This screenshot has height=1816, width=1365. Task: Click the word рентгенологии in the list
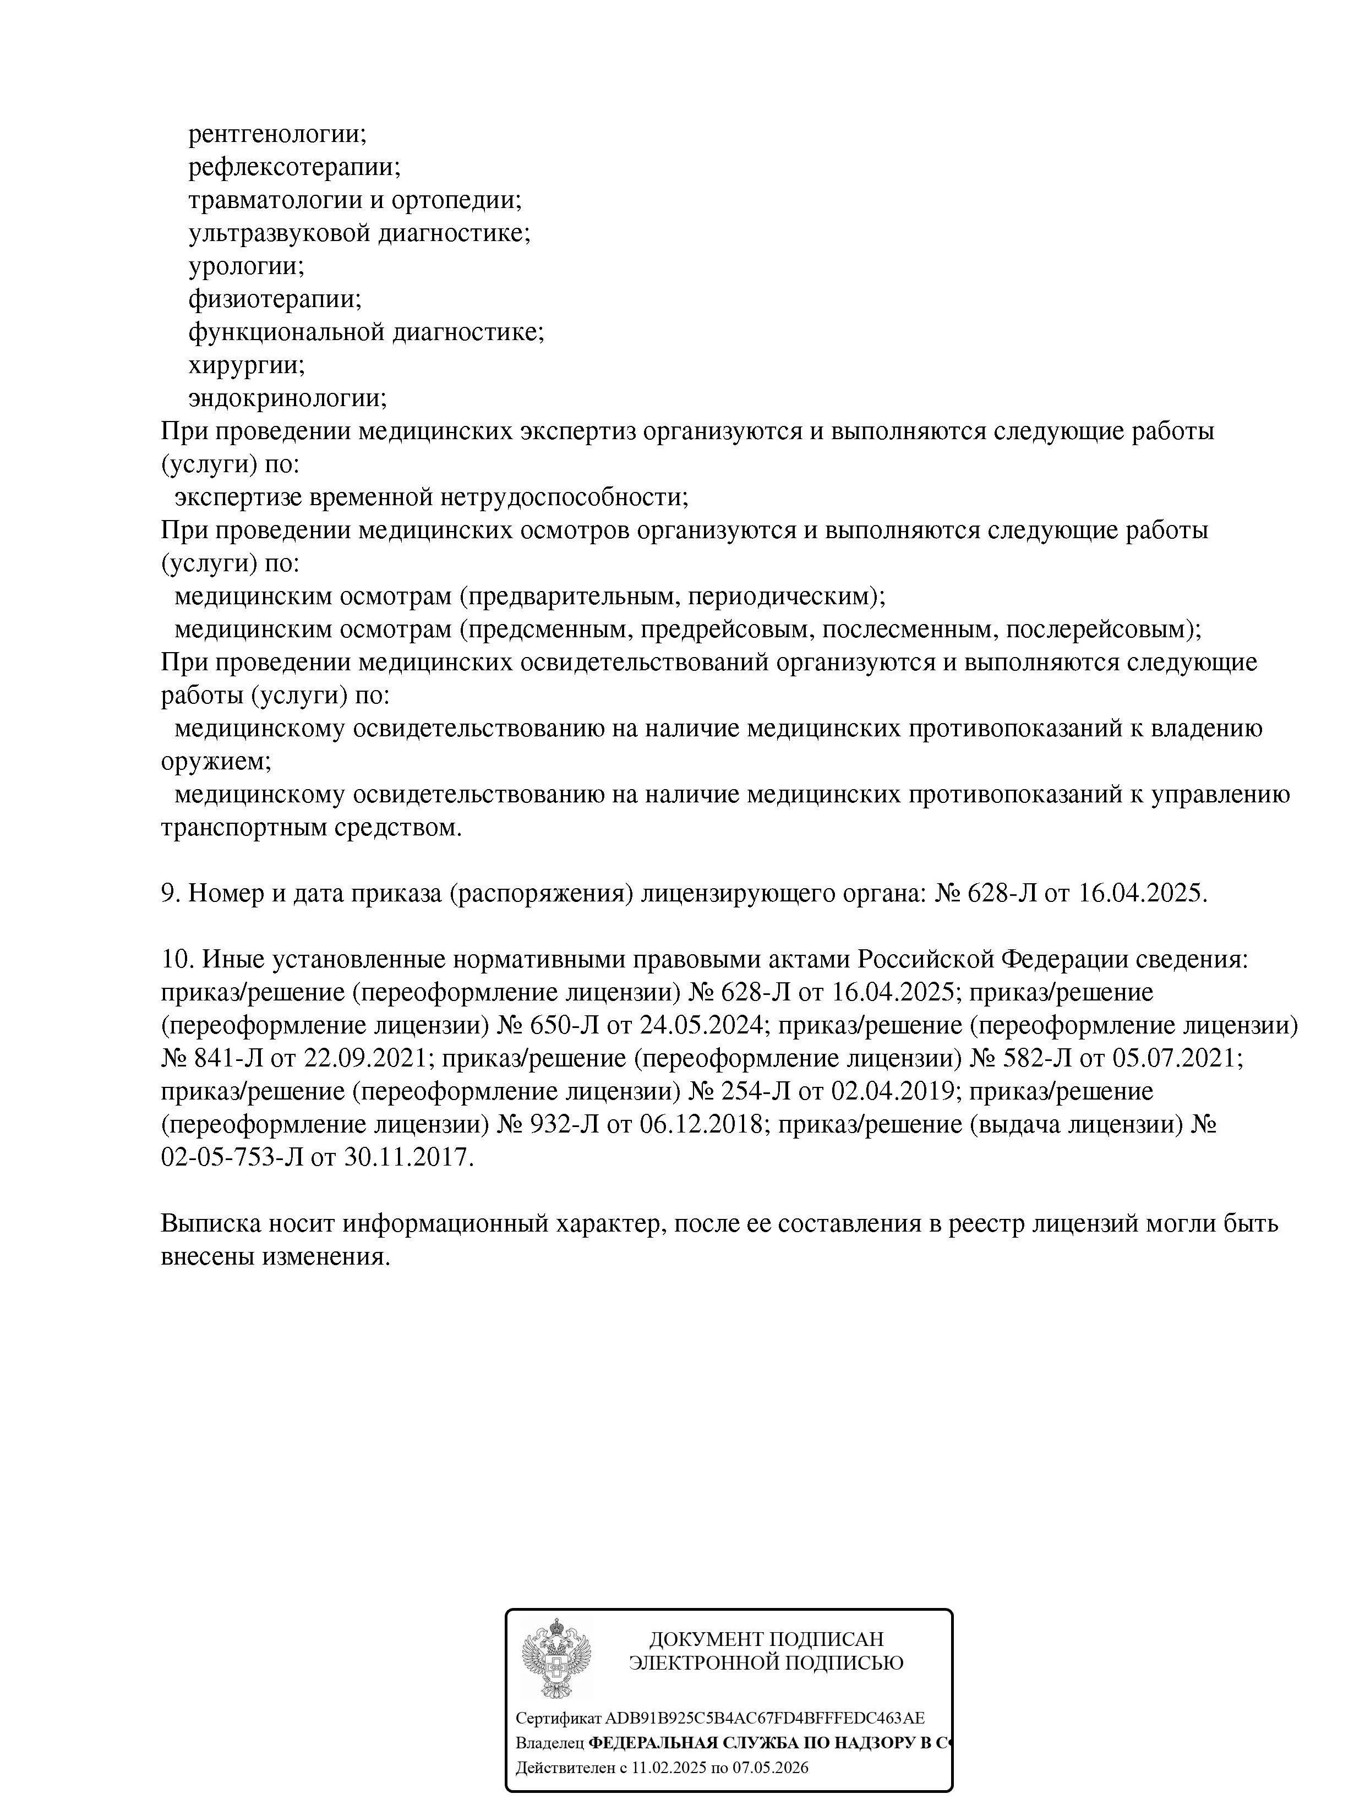[277, 133]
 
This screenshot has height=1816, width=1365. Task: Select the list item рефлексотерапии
[294, 167]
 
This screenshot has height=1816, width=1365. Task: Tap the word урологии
[245, 266]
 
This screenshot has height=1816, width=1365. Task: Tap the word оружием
[215, 761]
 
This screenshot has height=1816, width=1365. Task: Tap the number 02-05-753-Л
[232, 1158]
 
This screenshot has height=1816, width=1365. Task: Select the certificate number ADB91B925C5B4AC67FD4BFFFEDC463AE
[765, 1717]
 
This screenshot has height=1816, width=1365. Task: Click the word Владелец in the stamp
[549, 1742]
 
